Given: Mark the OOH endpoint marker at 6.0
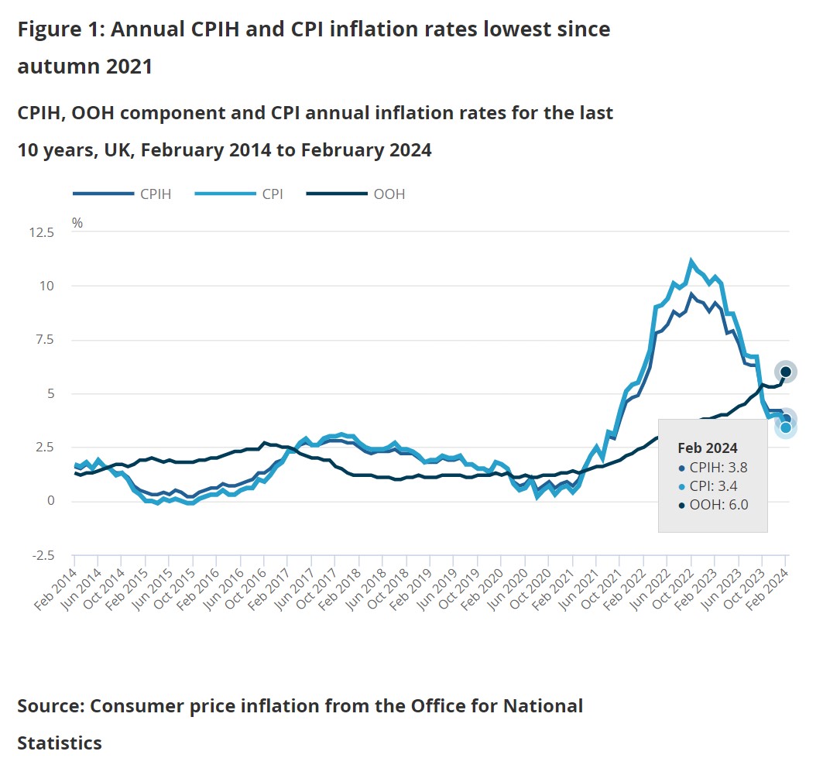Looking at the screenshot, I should (785, 372).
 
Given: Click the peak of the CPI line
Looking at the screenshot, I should (691, 261).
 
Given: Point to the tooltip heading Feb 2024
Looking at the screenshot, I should (707, 448).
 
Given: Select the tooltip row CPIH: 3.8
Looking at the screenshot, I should (712, 467).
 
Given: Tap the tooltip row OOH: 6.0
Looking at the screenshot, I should (712, 506).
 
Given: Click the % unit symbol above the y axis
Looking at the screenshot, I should (77, 222).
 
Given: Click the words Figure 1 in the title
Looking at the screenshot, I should (59, 29).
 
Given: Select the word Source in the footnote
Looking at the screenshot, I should (49, 705).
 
